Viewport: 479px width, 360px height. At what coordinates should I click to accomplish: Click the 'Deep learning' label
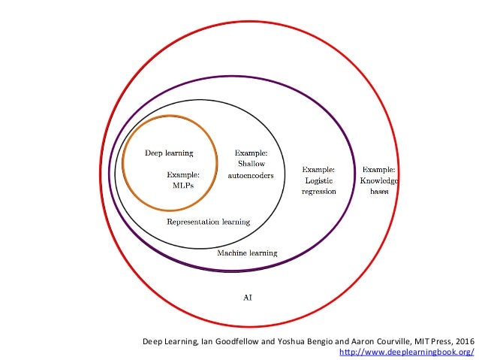(x=169, y=153)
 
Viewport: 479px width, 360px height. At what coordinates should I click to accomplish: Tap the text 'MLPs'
(x=184, y=186)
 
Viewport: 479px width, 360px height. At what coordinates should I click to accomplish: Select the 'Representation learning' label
(x=208, y=222)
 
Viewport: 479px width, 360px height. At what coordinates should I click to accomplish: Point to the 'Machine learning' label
(x=247, y=253)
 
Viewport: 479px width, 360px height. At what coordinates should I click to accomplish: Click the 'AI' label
(x=247, y=298)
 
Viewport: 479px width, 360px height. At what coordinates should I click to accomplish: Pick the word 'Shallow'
(x=251, y=164)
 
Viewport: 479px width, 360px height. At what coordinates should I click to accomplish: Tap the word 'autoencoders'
(x=251, y=175)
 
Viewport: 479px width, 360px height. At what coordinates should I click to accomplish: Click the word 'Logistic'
(x=318, y=180)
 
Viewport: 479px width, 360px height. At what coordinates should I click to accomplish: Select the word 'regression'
(x=318, y=192)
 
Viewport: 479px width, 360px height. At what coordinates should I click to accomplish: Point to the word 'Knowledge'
(x=379, y=180)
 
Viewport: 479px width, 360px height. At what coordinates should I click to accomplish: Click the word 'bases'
(x=379, y=192)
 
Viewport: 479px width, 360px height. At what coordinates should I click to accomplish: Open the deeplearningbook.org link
(x=407, y=352)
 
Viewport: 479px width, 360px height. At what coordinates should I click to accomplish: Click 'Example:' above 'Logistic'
(x=318, y=169)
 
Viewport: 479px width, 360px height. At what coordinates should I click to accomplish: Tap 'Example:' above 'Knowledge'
(x=379, y=169)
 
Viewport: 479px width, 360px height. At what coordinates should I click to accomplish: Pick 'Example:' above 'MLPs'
(x=184, y=174)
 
